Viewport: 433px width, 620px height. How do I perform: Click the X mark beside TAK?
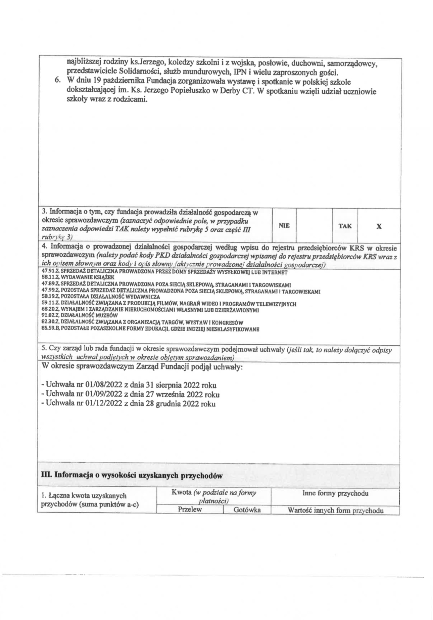click(x=379, y=226)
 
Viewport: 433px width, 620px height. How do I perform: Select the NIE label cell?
click(x=284, y=226)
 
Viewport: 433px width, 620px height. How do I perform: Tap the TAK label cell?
click(x=345, y=226)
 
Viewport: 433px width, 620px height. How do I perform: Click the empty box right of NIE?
click(x=314, y=226)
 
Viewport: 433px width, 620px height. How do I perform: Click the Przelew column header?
click(x=190, y=510)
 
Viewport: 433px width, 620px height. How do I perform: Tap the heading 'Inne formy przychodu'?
click(x=335, y=493)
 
